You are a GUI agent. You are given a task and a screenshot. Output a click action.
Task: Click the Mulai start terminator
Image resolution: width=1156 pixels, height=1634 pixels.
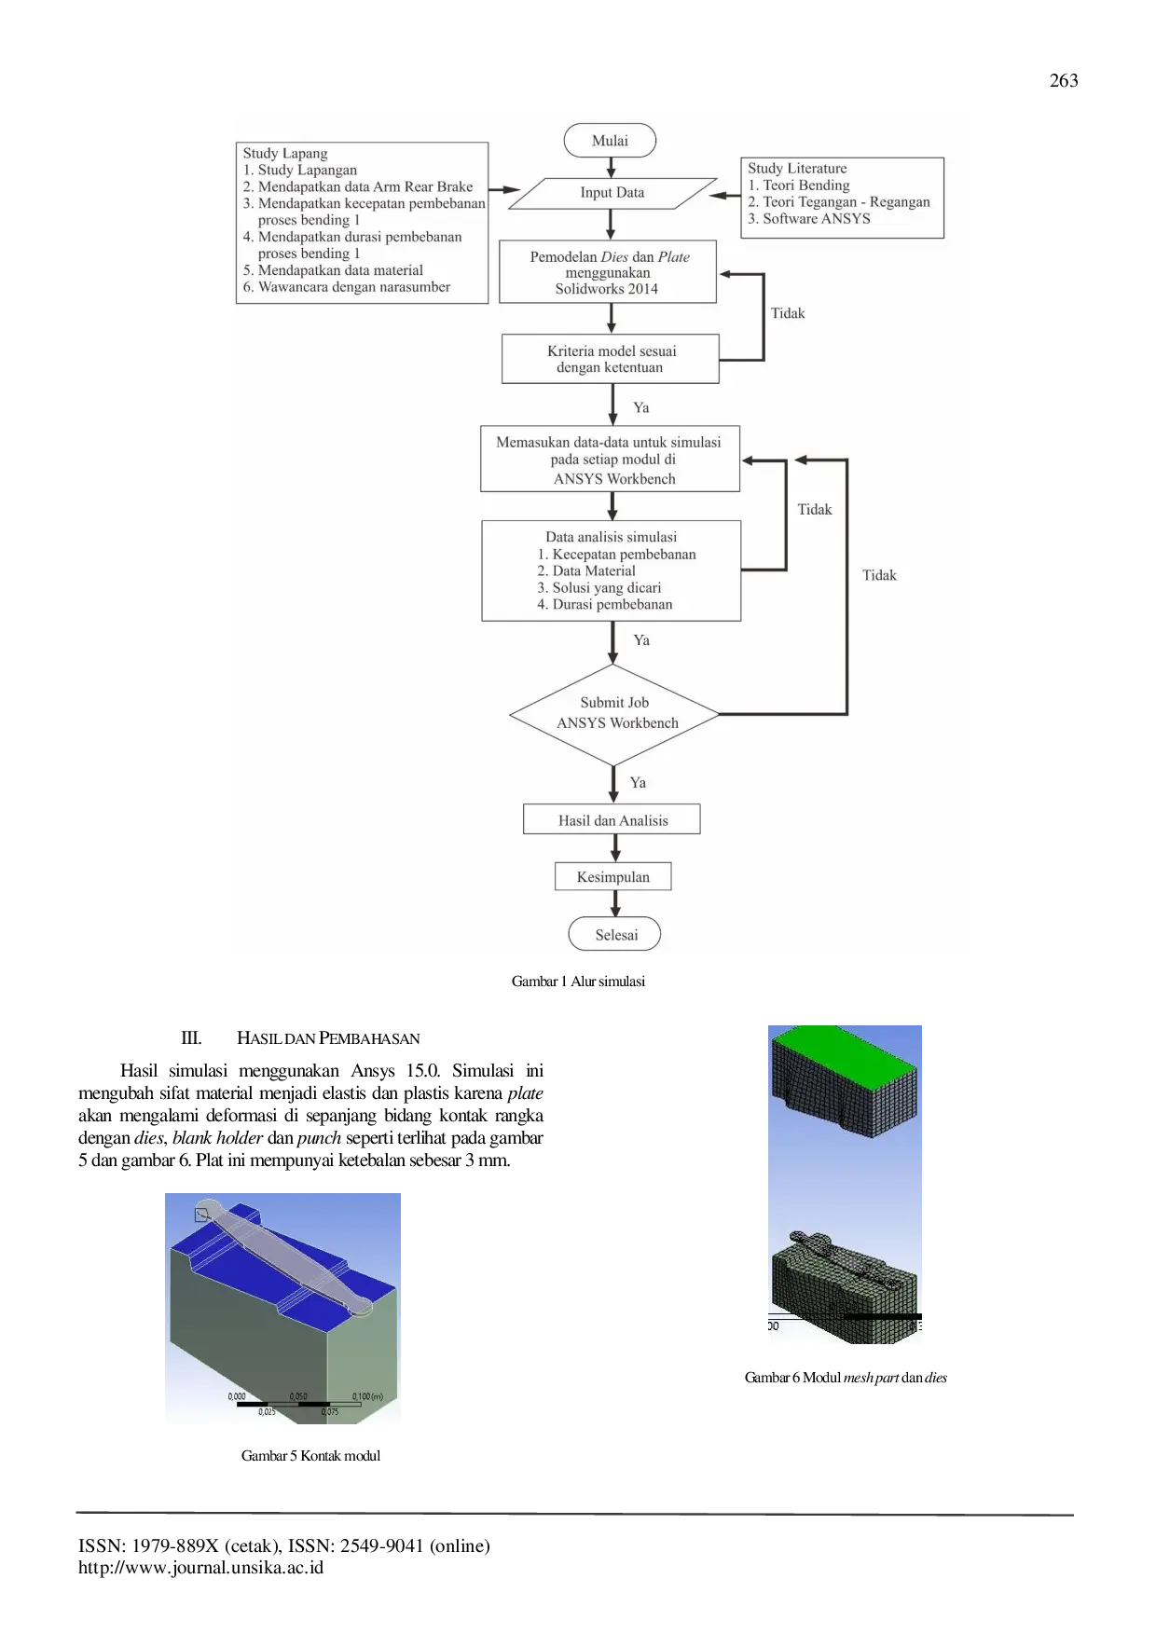pyautogui.click(x=610, y=141)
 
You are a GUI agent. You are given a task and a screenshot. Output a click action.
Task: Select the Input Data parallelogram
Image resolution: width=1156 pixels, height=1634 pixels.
pyautogui.click(x=612, y=193)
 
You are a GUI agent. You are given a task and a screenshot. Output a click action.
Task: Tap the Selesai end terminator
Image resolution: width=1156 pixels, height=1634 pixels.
pyautogui.click(x=615, y=935)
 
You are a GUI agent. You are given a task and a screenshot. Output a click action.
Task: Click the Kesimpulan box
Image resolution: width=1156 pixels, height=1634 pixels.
pyautogui.click(x=612, y=877)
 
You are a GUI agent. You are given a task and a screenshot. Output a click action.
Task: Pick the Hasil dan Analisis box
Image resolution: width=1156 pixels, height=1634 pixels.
pyautogui.click(x=612, y=820)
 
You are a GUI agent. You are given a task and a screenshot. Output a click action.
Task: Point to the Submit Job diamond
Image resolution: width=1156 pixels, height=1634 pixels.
pyautogui.click(x=614, y=714)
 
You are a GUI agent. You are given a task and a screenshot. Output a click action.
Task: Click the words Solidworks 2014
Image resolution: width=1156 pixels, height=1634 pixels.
pyautogui.click(x=607, y=289)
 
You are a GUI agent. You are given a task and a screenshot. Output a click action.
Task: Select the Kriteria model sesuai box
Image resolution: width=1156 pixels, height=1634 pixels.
pyautogui.click(x=611, y=359)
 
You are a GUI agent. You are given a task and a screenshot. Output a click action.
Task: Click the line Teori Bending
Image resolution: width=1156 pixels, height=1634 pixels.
pyautogui.click(x=805, y=185)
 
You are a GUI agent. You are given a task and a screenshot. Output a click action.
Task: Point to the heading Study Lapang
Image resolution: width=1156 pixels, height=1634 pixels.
pyautogui.click(x=284, y=154)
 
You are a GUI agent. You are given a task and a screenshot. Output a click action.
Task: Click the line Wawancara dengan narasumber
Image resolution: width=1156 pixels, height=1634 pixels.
pyautogui.click(x=353, y=287)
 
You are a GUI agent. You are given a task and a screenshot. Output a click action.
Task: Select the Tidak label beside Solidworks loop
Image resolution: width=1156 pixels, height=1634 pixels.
pyautogui.click(x=788, y=313)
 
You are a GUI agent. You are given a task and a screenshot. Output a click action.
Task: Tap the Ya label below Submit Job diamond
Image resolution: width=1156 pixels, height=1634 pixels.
pyautogui.click(x=638, y=783)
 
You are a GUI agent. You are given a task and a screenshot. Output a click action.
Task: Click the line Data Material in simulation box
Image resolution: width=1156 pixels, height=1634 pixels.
pyautogui.click(x=593, y=571)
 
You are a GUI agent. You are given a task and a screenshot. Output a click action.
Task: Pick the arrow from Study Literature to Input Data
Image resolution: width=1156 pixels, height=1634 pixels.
pyautogui.click(x=724, y=196)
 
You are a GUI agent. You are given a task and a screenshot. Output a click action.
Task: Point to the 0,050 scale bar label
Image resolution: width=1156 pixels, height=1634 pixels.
pyautogui.click(x=298, y=1396)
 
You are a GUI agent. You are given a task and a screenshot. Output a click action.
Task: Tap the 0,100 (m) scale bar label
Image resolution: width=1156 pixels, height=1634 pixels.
pyautogui.click(x=367, y=1396)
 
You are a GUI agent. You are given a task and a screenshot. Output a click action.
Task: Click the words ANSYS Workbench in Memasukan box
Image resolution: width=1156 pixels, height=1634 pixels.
pyautogui.click(x=614, y=479)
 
